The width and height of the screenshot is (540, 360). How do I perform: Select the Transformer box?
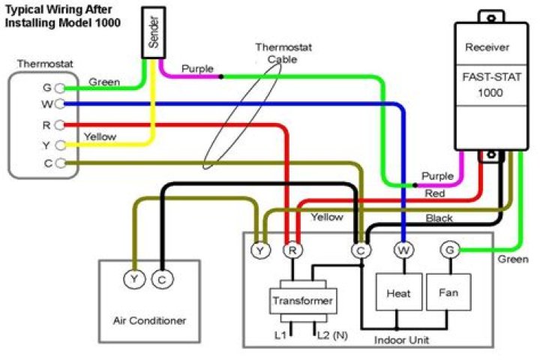coord(303,301)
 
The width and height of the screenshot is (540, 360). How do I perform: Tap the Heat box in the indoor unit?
coord(398,293)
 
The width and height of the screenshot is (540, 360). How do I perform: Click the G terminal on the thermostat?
coord(59,88)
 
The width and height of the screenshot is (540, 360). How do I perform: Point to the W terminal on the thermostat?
coord(59,104)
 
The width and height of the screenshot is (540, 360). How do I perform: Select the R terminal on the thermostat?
coord(59,125)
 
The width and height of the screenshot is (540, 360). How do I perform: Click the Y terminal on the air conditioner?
coord(134,280)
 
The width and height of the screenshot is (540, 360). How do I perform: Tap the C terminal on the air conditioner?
coord(162,280)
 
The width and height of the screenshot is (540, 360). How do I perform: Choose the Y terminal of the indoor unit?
coord(260,250)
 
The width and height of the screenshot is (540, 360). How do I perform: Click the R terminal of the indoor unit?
coord(290,250)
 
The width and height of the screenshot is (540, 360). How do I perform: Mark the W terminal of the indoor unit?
coord(404,250)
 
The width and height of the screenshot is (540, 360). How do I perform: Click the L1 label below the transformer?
coord(280,334)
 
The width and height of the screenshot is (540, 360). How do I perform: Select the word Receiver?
coord(487,48)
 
